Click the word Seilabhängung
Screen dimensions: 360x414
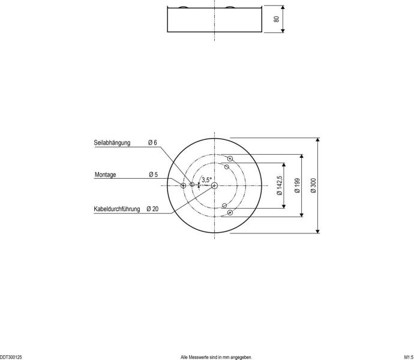(112, 143)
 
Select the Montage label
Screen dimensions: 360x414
(106, 175)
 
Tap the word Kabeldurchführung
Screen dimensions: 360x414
(117, 209)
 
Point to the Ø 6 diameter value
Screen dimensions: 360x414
(152, 143)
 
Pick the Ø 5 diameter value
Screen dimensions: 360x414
(152, 175)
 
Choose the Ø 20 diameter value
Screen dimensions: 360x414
(152, 209)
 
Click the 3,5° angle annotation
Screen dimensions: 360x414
(206, 179)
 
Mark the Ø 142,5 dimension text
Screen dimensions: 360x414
(280, 186)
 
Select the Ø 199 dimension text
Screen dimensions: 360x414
(297, 186)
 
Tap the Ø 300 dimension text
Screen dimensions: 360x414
(314, 186)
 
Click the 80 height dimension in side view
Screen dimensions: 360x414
(277, 19)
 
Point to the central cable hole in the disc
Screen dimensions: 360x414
(214, 185)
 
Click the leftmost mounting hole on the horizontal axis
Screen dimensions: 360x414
(184, 185)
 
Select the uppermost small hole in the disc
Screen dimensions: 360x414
(230, 159)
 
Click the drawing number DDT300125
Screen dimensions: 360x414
(11, 357)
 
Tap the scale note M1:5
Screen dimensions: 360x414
(408, 357)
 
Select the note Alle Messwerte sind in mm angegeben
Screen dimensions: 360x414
(216, 357)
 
